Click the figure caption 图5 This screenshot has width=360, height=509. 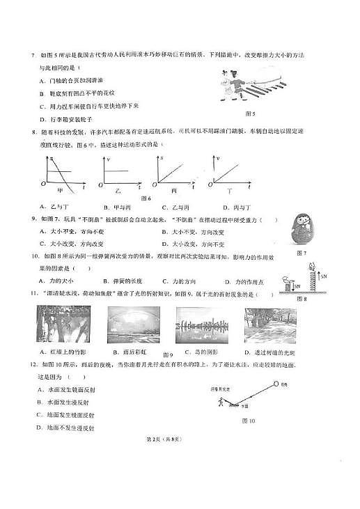253,114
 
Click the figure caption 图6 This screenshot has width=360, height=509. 146,198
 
